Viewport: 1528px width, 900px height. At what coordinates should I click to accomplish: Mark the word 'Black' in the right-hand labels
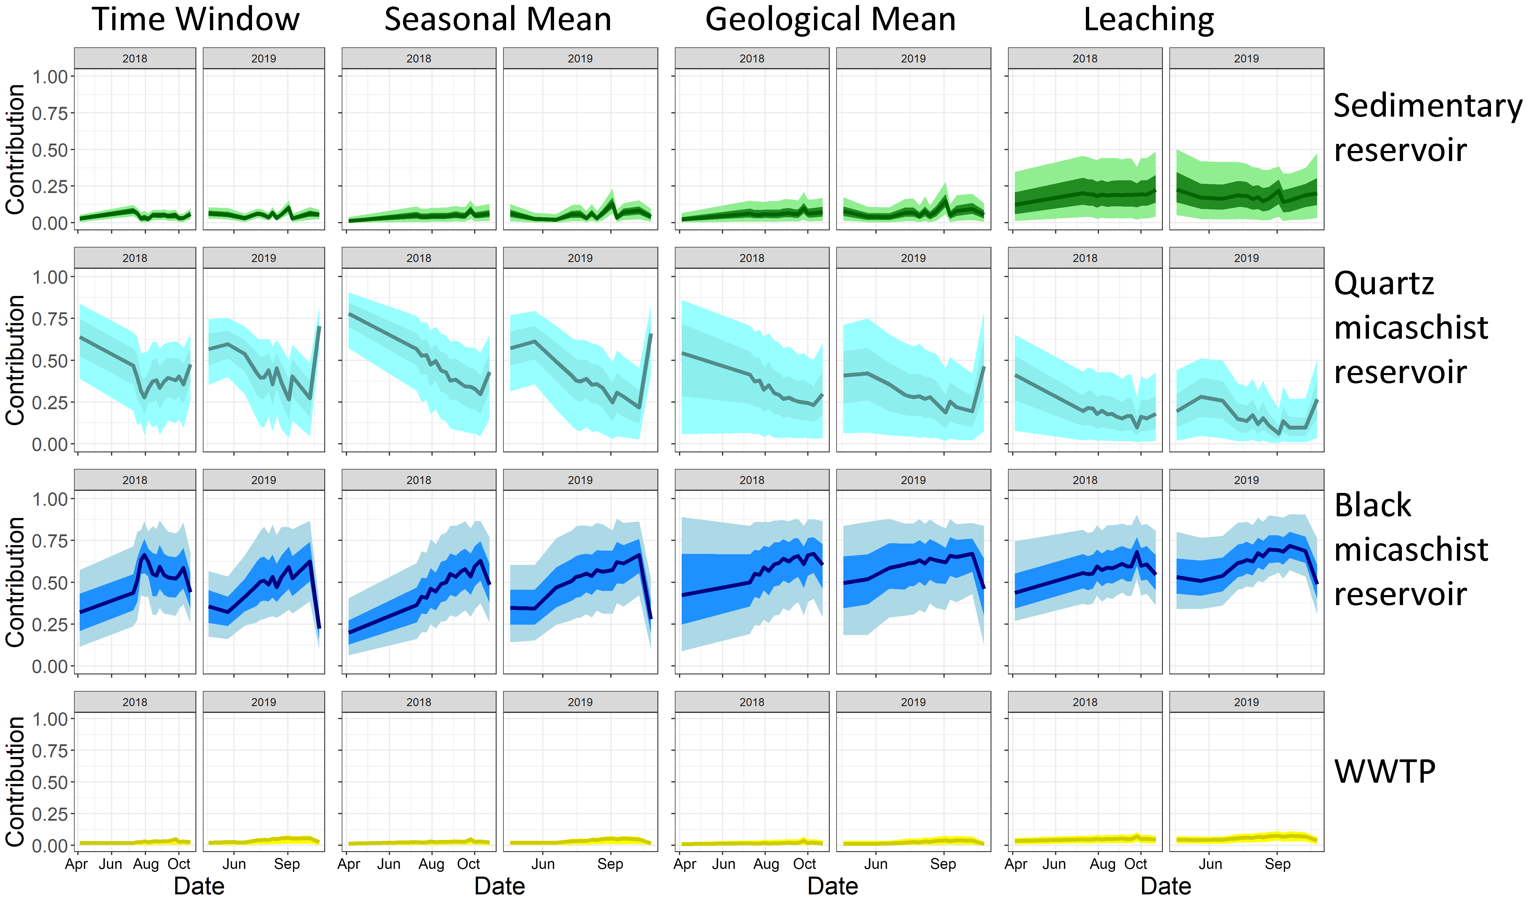1373,505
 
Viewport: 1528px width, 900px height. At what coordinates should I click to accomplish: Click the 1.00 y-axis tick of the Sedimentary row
50,77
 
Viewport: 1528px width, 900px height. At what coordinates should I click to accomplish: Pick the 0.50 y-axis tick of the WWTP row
50,782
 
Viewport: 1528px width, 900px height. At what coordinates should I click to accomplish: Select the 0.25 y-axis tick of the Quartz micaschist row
50,403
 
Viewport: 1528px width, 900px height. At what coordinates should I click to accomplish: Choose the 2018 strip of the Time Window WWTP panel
135,702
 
